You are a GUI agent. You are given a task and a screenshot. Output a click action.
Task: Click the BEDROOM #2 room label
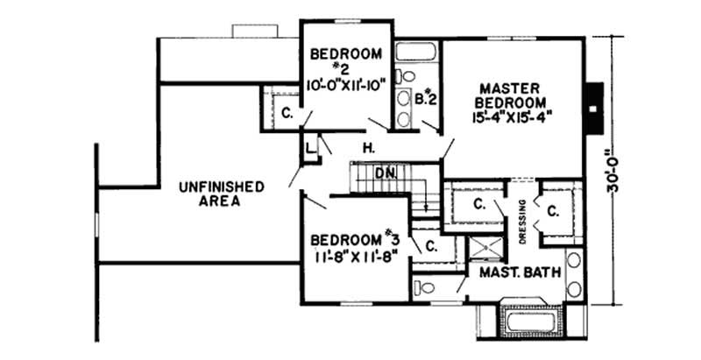(346, 61)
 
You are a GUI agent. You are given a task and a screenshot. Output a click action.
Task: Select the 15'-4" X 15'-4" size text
(515, 115)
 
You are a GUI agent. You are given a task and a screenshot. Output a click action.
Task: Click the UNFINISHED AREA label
(221, 193)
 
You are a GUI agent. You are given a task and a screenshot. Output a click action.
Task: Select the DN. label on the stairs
(386, 173)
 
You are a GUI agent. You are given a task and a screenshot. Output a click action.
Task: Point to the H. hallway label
(369, 149)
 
